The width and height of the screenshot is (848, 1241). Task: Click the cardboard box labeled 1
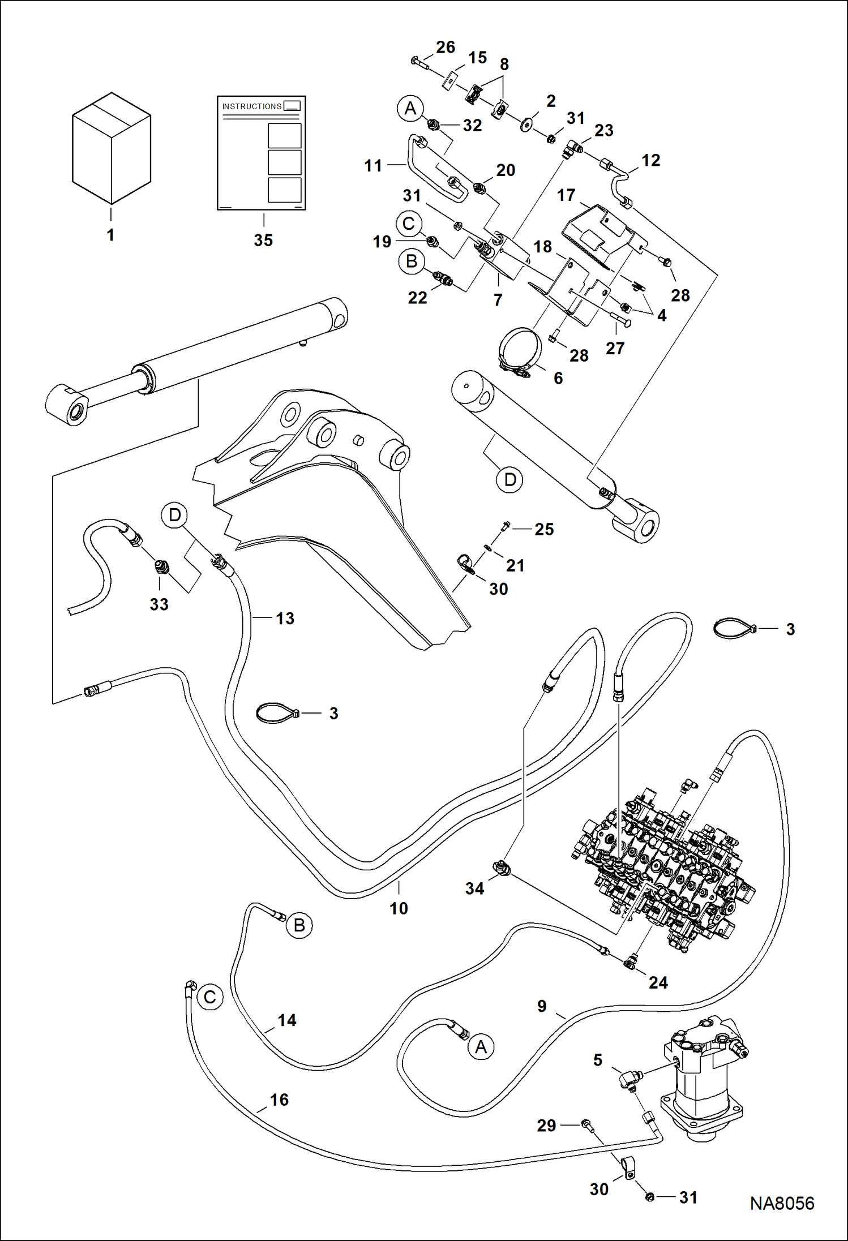point(112,148)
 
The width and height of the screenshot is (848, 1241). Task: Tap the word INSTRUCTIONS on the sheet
point(251,106)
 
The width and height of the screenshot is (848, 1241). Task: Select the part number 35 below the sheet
point(263,241)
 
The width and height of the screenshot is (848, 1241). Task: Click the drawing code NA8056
point(782,1203)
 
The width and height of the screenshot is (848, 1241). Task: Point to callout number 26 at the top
point(446,48)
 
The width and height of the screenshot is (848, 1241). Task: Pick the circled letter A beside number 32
point(410,108)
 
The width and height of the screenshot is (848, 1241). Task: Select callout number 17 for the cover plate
point(566,195)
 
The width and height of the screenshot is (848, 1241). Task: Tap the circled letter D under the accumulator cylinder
point(509,480)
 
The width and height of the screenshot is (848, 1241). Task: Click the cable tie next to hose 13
point(277,713)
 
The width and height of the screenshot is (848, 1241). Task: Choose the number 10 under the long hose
point(399,908)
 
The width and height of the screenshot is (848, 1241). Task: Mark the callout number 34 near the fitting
point(474,888)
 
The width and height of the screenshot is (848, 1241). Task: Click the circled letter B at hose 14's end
point(299,925)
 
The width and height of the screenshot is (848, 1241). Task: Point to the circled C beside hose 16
point(210,997)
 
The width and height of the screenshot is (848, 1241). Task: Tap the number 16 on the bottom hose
point(279,1100)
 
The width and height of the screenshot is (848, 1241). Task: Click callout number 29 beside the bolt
point(546,1126)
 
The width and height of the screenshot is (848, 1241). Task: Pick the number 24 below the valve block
point(658,982)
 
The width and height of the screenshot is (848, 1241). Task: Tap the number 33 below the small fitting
point(159,604)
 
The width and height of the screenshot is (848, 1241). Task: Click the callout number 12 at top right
point(650,161)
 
